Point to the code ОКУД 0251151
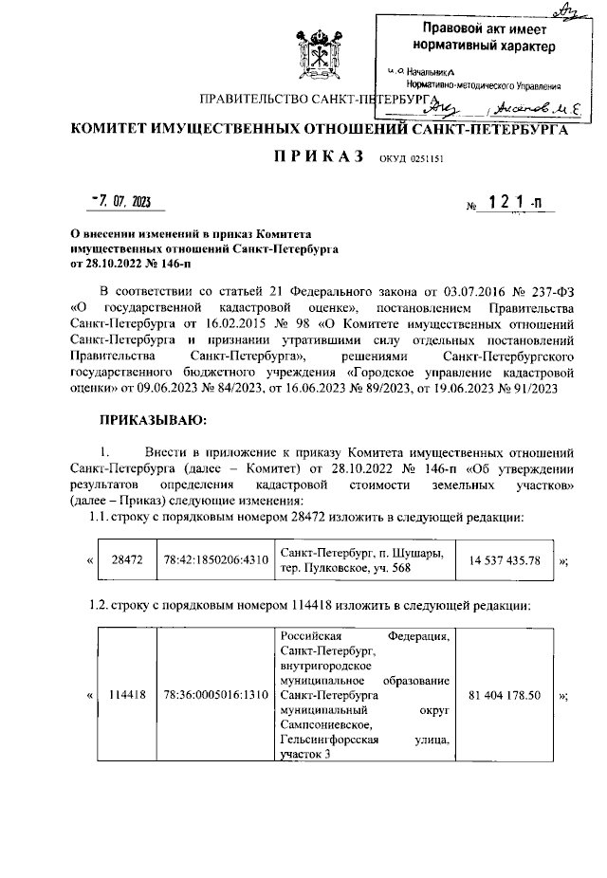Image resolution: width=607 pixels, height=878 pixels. click(413, 161)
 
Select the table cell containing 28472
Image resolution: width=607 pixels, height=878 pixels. click(126, 560)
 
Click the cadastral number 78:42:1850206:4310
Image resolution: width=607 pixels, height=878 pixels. click(214, 560)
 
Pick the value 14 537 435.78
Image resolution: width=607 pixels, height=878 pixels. click(504, 560)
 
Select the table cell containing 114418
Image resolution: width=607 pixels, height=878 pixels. click(126, 695)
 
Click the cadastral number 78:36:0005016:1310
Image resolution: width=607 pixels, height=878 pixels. click(214, 695)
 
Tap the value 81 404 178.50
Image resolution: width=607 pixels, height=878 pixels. click(504, 695)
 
